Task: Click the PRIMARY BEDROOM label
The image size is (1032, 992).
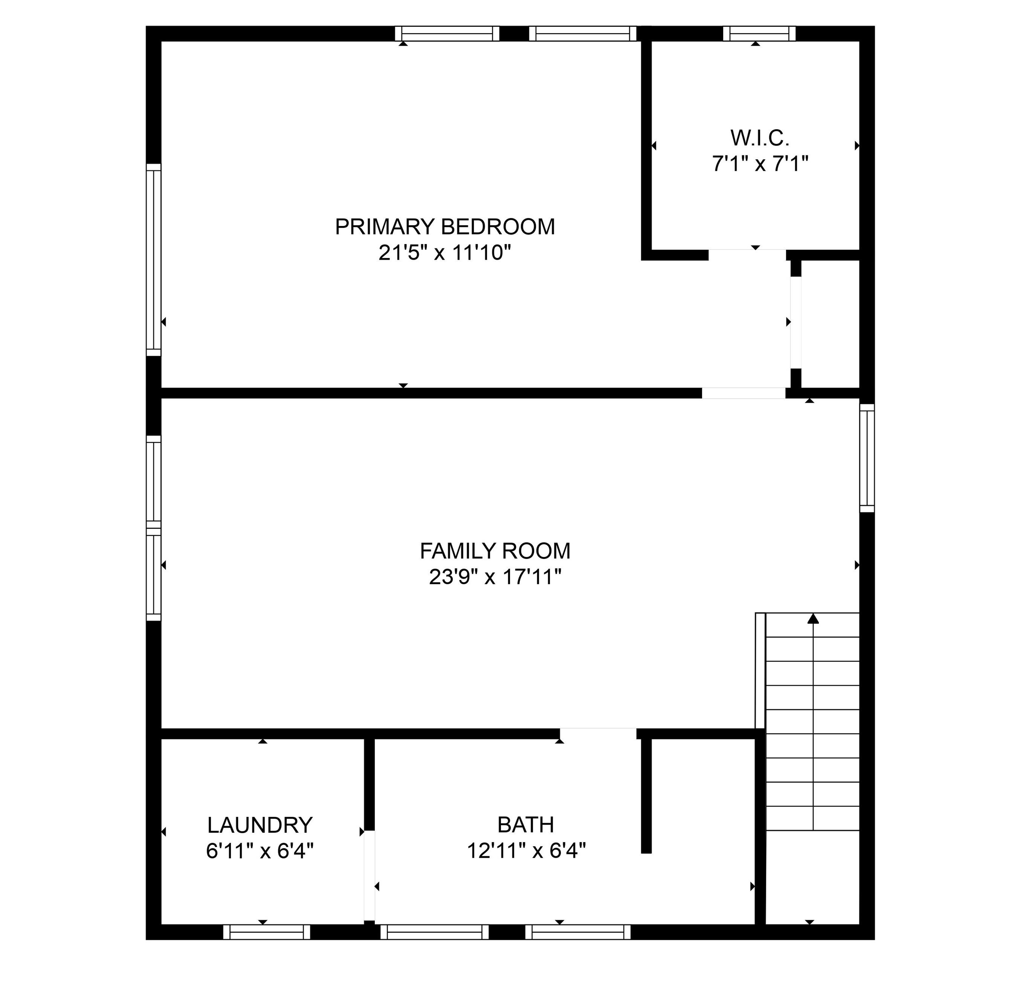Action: point(445,227)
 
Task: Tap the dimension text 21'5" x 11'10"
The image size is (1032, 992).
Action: point(445,253)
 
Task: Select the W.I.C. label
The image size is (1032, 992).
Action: point(759,138)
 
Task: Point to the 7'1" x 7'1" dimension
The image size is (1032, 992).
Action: point(759,164)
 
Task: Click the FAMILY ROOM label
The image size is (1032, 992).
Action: point(495,551)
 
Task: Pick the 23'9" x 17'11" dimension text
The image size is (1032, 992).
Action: point(495,577)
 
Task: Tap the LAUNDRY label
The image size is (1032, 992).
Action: point(260,825)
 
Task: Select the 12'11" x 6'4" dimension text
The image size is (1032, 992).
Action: point(526,850)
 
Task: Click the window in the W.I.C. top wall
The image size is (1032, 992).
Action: point(759,34)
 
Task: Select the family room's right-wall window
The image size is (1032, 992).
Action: point(867,458)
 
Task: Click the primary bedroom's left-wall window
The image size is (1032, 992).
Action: point(153,260)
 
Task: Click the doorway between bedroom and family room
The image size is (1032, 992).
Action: point(743,393)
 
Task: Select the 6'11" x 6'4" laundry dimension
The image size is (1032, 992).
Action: point(260,851)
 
